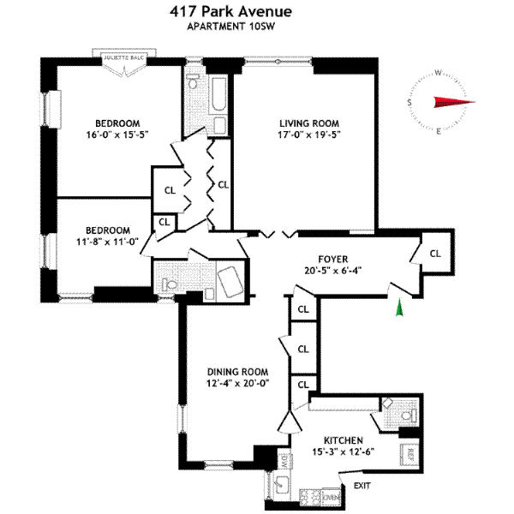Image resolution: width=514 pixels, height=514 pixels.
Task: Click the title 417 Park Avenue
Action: coord(230,11)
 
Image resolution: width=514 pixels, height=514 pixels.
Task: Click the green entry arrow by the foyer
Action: coord(397,308)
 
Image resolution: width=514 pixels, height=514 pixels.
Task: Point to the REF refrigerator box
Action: coord(411,453)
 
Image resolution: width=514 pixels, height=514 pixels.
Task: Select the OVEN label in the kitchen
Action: coord(332,497)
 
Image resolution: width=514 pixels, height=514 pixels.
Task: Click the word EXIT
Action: coord(362,487)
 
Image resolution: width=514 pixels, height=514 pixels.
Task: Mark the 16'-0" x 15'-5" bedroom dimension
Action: coord(117,134)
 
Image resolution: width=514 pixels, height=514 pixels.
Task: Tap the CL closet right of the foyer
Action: coord(435,254)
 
